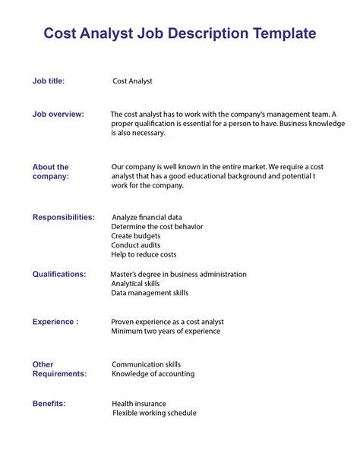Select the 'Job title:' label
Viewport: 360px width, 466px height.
pos(49,80)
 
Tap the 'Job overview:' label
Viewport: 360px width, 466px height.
pos(58,114)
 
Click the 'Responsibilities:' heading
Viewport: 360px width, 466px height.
pos(64,217)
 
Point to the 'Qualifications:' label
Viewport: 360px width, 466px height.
pos(59,274)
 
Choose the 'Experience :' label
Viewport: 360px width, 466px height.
pos(55,322)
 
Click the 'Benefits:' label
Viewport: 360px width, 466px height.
pos(49,403)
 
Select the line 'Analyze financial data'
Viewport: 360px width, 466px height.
pos(147,218)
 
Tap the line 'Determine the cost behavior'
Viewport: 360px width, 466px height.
pos(157,227)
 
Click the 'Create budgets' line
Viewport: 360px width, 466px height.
pos(136,236)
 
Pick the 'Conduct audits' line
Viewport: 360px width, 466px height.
pos(137,245)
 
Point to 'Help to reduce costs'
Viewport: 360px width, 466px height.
pos(144,255)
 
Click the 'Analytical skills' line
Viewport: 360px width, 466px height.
pos(136,283)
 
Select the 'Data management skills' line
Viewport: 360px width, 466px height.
pos(150,293)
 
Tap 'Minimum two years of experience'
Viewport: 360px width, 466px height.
pos(166,332)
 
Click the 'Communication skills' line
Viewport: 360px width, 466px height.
pos(146,364)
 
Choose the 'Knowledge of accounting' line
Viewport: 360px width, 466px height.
pos(153,374)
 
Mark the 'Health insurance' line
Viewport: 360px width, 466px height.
pos(139,404)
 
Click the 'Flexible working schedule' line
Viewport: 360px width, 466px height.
pos(154,414)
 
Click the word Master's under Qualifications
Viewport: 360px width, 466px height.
pos(127,274)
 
